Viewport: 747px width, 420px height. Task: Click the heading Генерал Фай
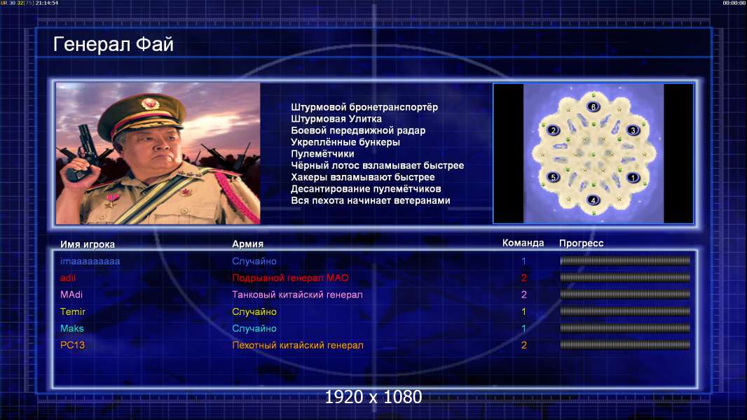114,44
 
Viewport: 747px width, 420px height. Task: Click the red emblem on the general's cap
149,103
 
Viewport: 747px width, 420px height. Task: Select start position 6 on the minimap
593,107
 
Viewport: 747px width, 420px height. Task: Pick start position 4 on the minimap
593,200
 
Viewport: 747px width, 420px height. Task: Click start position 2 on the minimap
553,130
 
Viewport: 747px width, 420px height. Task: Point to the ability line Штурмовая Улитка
336,119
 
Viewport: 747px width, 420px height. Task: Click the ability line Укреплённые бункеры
345,142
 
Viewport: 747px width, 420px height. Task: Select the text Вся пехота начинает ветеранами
371,200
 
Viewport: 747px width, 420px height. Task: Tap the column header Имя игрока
87,244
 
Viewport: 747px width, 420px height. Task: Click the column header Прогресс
581,243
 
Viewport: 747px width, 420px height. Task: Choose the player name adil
68,278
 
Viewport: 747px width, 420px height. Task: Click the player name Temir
73,311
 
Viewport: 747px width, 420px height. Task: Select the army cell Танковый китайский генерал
297,295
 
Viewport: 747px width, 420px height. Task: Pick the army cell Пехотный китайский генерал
298,345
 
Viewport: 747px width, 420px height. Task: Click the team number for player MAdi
524,295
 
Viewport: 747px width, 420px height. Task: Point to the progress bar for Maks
625,328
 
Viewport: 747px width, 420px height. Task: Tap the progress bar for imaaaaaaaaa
625,260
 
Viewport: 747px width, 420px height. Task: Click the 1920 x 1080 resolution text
373,397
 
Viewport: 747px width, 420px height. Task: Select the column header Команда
523,243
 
